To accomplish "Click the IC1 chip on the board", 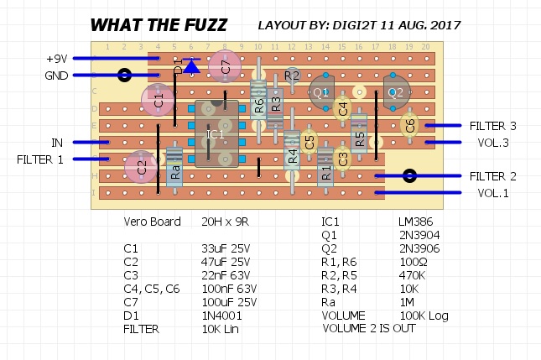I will pyautogui.click(x=216, y=134).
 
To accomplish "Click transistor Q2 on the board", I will pyautogui.click(x=397, y=92).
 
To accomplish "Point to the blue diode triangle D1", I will pyautogui.click(x=191, y=64).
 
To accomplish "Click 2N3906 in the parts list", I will pyautogui.click(x=419, y=249).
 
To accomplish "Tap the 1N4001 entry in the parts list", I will pyautogui.click(x=219, y=316).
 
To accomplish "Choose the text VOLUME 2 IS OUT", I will pyautogui.click(x=368, y=329).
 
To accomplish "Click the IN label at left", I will pyautogui.click(x=57, y=143).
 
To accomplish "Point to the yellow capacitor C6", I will pyautogui.click(x=409, y=127).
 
